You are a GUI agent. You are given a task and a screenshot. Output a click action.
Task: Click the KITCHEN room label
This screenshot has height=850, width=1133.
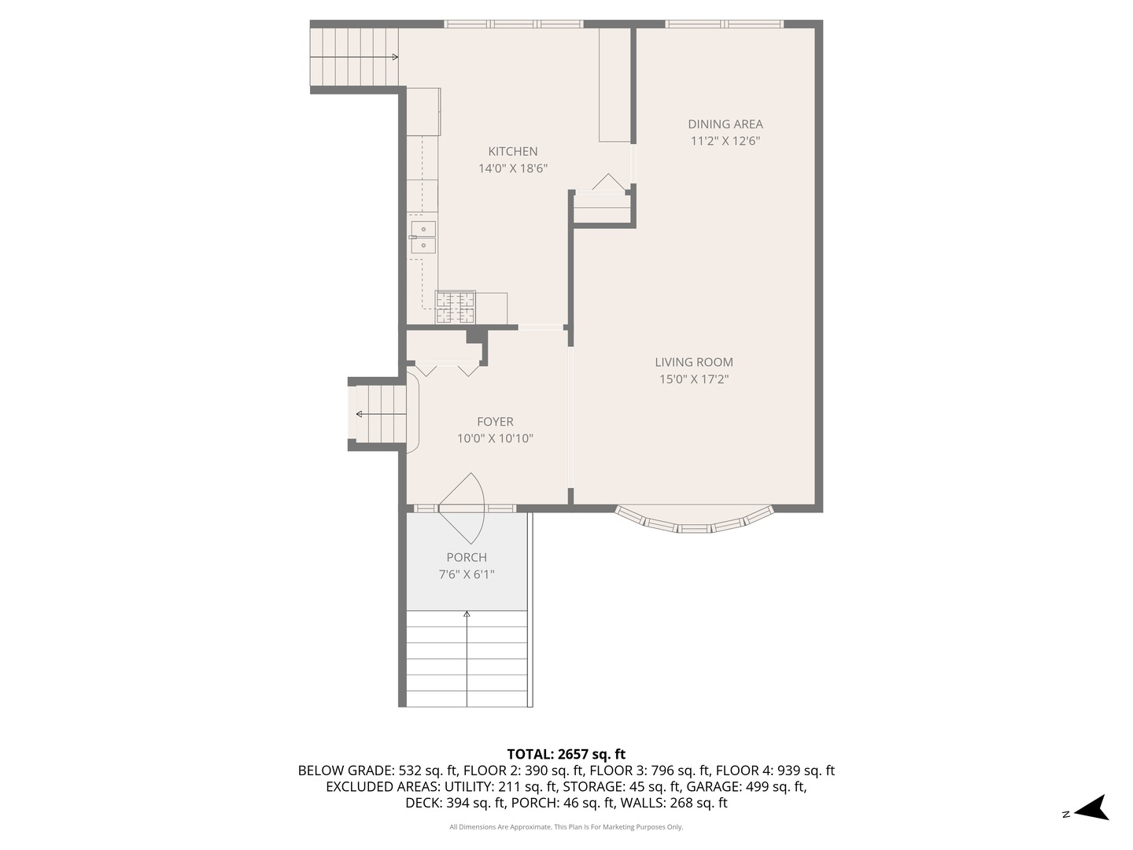pyautogui.click(x=512, y=151)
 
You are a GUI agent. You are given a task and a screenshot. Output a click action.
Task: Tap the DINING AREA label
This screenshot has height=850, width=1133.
pyautogui.click(x=725, y=124)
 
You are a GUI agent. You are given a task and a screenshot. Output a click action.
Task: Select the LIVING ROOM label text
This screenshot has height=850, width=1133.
pyautogui.click(x=693, y=362)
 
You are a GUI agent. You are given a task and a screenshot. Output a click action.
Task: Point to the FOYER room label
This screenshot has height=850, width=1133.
pyautogui.click(x=495, y=422)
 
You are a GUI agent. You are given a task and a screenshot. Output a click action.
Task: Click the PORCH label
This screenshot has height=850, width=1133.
pyautogui.click(x=467, y=557)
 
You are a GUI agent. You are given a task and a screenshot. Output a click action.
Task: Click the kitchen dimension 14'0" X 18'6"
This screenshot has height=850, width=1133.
pyautogui.click(x=512, y=168)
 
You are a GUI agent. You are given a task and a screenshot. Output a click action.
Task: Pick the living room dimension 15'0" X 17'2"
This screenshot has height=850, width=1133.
pyautogui.click(x=693, y=379)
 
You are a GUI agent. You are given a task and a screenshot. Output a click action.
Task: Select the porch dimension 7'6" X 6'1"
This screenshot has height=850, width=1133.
pyautogui.click(x=467, y=575)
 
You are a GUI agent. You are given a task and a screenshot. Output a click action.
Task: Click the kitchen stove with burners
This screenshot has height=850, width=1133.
pyautogui.click(x=456, y=307)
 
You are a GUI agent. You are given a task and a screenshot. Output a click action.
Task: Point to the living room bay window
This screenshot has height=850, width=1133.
pyautogui.click(x=694, y=521)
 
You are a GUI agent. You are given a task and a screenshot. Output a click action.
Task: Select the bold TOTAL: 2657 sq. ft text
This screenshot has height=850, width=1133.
pyautogui.click(x=566, y=754)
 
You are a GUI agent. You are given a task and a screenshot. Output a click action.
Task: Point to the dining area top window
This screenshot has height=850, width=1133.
pyautogui.click(x=724, y=24)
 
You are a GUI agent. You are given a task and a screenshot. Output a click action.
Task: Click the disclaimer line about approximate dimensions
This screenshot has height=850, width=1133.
pyautogui.click(x=566, y=827)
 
